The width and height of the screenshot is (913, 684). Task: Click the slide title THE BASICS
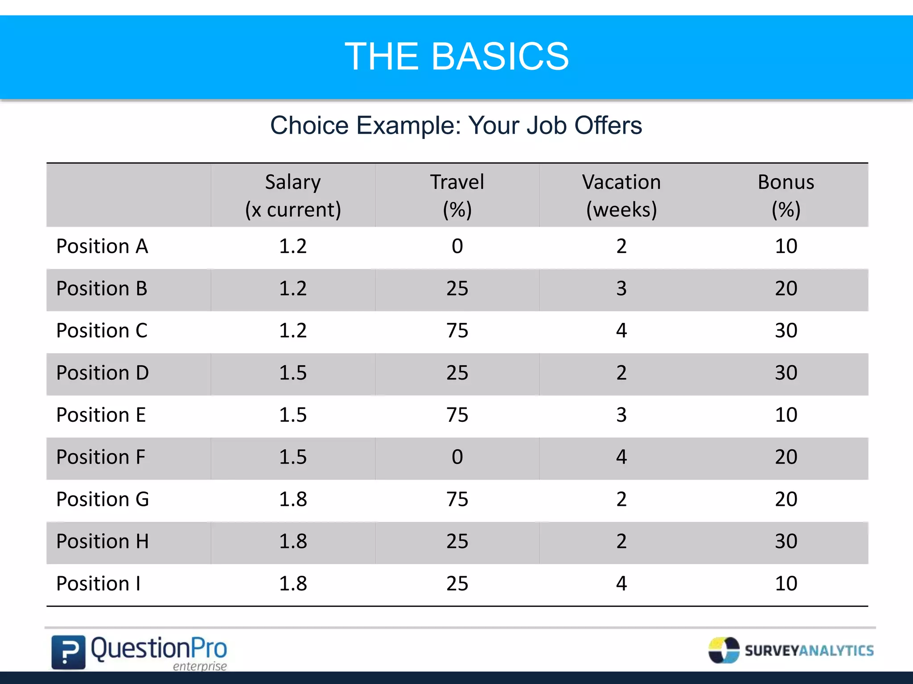coord(456,57)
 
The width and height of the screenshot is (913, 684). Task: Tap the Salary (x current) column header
coord(293,195)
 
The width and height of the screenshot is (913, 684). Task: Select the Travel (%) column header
coord(457,195)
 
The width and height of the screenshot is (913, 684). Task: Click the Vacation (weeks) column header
coord(621,195)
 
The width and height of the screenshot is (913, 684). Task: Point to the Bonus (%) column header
coord(786,195)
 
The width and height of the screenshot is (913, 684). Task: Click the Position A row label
coord(102,246)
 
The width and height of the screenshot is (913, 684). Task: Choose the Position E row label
coord(101,415)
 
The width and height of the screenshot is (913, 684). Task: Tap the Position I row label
coord(99,583)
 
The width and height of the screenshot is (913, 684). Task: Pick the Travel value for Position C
coord(457,330)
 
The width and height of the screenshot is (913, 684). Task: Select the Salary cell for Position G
coord(293,499)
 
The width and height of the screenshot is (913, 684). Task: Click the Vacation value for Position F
coord(621,457)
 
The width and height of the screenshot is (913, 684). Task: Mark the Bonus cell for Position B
coord(786,289)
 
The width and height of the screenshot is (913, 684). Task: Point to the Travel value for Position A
coord(457,246)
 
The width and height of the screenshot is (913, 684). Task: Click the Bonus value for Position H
coord(786,541)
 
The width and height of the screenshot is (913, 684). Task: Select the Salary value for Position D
coord(293,373)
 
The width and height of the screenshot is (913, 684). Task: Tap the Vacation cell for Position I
coord(621,583)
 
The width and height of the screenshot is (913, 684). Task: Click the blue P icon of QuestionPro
coord(68,652)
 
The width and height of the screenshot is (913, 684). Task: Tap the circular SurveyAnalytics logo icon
coord(724,650)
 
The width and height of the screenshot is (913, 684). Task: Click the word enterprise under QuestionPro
coord(200,666)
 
